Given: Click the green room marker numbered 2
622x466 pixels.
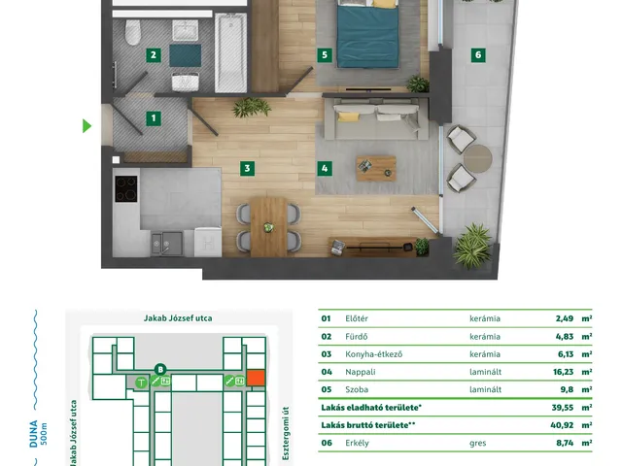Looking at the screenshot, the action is point(154,55).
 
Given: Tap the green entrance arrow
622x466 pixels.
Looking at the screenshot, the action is point(86,126).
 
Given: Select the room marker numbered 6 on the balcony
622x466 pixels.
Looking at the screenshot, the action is point(478,55).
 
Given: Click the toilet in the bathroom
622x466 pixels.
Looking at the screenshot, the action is point(132,32).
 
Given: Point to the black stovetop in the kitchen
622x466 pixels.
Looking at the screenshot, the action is point(126,189).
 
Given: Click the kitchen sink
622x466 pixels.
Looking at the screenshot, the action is point(167,244).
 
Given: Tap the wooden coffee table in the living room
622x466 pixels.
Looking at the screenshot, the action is point(376,168).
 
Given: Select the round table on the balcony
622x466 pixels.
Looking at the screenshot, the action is point(478,158).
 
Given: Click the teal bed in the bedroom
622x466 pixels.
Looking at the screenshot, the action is point(367,34).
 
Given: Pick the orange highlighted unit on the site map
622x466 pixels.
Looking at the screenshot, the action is point(256,378).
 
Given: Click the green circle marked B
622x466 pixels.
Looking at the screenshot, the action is point(160,370).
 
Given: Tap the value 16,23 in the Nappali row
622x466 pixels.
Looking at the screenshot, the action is point(563,372).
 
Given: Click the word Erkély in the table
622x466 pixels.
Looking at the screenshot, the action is point(357,443).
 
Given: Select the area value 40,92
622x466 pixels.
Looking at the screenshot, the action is point(562,425).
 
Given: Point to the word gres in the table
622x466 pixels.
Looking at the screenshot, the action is point(477,444).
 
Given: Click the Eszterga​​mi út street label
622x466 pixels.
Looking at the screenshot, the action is point(286,434).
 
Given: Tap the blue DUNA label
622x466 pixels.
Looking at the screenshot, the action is point(34,434).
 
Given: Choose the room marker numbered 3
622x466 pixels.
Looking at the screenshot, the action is point(247,168).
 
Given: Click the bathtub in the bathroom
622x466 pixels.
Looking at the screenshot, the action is point(230,52).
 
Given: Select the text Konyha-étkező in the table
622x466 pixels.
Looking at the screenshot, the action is point(373,354).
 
